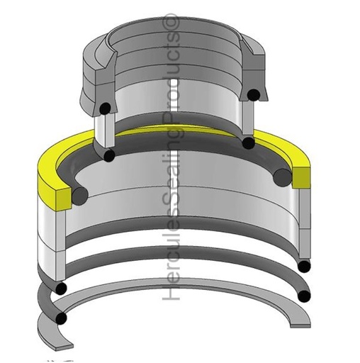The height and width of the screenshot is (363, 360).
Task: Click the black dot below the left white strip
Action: [108, 155]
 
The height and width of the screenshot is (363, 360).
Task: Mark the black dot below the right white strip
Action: [248, 143]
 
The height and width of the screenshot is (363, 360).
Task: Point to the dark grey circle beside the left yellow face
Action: [79, 194]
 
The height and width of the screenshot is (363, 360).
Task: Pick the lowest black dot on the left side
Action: [62, 319]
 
